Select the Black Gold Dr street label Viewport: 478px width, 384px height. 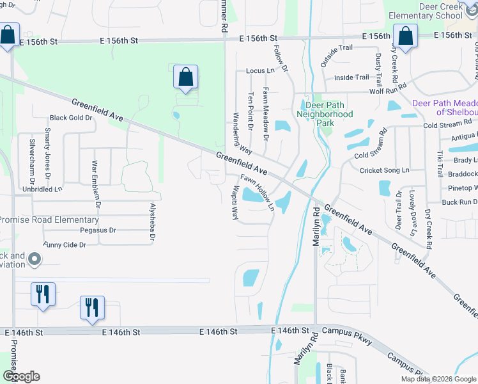[72, 118]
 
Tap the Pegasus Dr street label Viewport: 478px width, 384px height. [98, 230]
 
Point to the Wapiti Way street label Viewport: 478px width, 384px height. [235, 203]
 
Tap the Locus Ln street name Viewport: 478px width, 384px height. [259, 70]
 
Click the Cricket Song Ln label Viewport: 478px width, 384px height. [384, 170]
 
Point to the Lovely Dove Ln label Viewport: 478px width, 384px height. [413, 222]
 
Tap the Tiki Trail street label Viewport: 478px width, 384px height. [440, 164]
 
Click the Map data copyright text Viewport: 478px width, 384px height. [438, 379]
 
